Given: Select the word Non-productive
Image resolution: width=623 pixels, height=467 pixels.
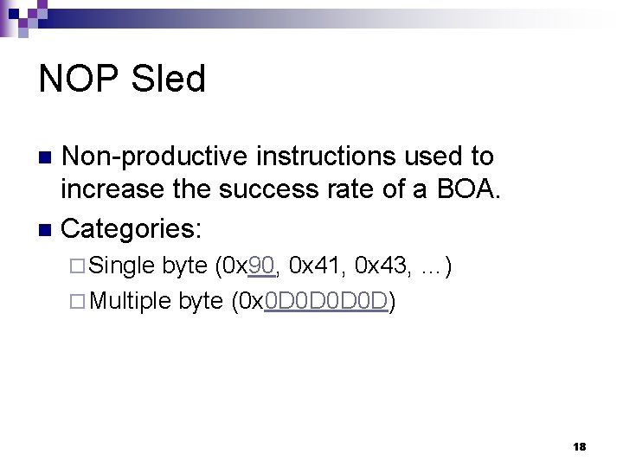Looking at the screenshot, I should pos(157,157).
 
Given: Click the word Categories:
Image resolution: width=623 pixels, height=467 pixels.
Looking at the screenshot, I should pos(132,229).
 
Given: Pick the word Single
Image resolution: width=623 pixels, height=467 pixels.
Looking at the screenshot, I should pos(123,265).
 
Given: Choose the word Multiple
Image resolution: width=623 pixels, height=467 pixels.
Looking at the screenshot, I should pos(131,302).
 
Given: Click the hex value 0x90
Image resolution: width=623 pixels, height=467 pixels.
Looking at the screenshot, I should pos(250,265).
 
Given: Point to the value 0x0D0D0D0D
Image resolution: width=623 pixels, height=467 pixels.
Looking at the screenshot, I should pos(311,302).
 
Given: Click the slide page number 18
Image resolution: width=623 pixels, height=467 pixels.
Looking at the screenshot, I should pos(579,447).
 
